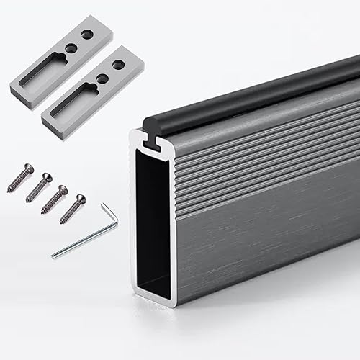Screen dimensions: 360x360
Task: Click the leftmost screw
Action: [x=20, y=178]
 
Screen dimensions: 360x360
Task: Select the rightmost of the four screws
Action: [x=73, y=208]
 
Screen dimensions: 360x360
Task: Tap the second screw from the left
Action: [x=39, y=187]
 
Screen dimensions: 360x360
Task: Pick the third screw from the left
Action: [x=55, y=199]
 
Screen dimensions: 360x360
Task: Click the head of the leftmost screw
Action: [x=28, y=168]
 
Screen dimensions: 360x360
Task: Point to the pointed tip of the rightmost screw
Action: [x=62, y=222]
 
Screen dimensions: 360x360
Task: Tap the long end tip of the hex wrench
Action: [x=53, y=256]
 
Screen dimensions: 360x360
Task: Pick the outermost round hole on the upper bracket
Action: [x=86, y=33]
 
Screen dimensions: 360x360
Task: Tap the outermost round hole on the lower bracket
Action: [x=118, y=65]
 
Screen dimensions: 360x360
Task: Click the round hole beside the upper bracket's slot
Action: [x=71, y=48]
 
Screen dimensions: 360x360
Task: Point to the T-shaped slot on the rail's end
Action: [x=151, y=143]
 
